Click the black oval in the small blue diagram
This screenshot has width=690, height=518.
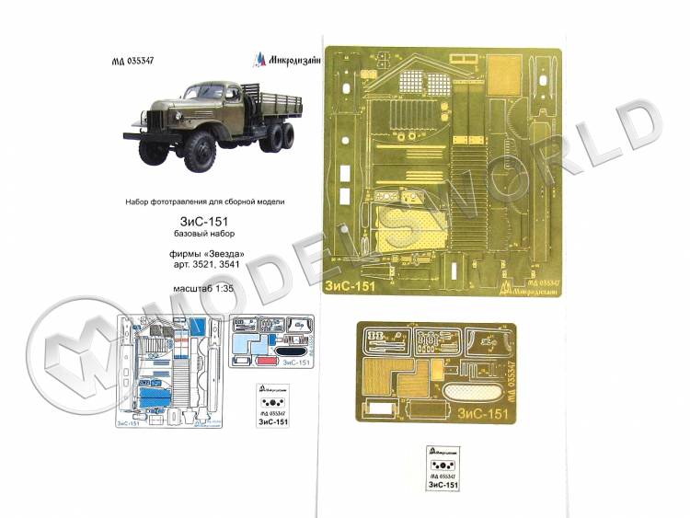point(293,349)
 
